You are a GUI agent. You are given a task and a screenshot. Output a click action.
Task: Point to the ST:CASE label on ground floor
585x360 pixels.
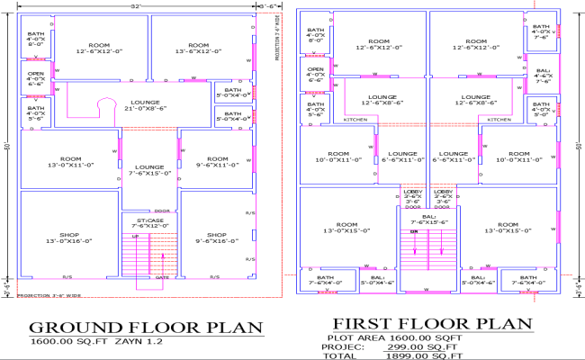point(149,222)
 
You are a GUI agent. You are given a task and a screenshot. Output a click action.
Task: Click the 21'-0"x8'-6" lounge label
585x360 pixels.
point(145,106)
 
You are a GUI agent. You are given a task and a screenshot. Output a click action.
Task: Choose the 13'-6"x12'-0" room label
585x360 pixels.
point(199,48)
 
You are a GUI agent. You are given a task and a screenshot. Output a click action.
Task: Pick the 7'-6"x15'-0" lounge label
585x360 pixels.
point(149,170)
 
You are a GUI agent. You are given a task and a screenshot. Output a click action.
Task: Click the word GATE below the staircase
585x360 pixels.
point(163,278)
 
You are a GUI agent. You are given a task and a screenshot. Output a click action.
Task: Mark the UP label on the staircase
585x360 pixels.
point(136,237)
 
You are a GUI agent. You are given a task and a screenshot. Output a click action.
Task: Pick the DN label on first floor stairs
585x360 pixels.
point(415,231)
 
